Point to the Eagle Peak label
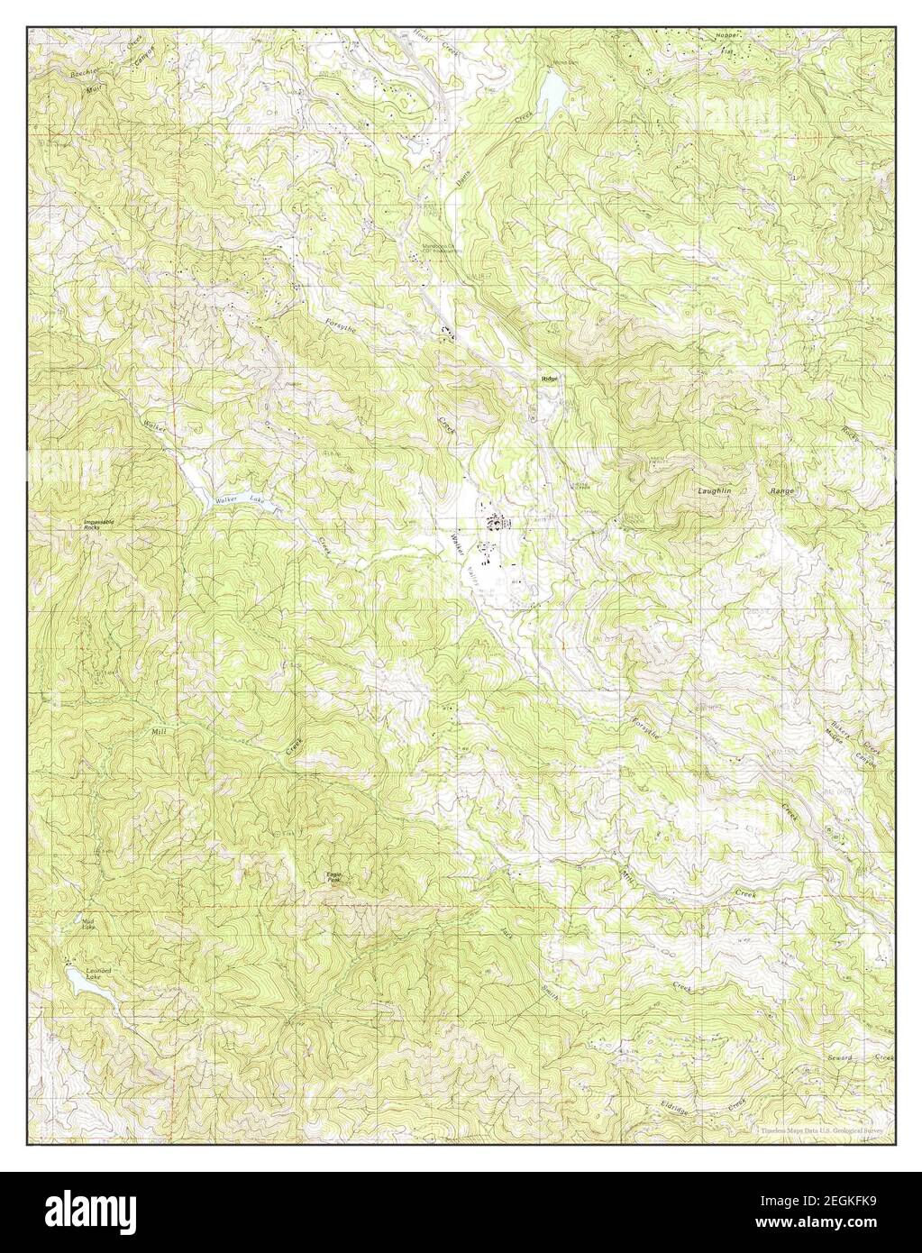(333, 875)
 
